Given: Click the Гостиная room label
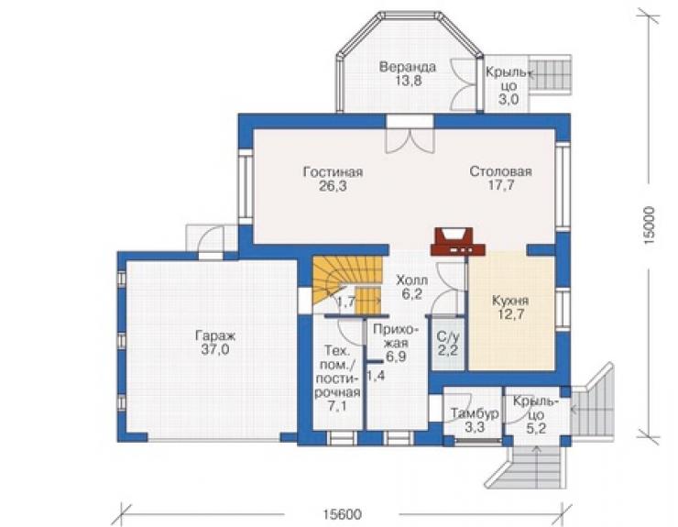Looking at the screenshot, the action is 333,172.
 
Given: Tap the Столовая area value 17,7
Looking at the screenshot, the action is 501,185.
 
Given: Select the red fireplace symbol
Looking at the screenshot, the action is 457,241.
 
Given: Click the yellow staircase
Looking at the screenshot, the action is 347,285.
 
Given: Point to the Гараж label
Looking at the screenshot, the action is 215,335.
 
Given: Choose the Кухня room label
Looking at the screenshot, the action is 510,301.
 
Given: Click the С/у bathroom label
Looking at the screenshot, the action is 448,336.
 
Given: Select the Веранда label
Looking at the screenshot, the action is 408,67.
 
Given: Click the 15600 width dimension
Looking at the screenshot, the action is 342,514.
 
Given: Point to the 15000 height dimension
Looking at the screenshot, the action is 650,226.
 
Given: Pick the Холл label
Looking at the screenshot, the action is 412,280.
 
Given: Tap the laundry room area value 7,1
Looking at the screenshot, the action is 338,406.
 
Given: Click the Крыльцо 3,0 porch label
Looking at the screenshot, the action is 508,85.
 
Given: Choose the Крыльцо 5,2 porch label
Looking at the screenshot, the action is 535,415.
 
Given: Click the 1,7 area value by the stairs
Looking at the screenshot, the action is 346,302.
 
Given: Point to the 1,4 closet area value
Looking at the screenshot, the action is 376,376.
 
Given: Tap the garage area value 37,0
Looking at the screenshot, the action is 215,349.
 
